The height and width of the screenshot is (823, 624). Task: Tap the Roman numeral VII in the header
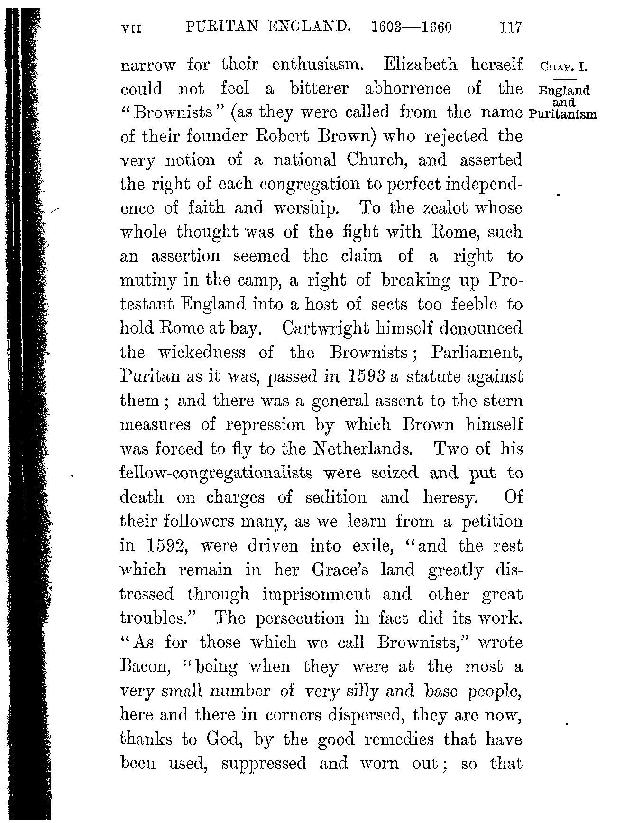(132, 28)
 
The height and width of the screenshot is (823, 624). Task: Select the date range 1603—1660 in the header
(412, 27)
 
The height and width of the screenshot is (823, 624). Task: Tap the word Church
(377, 160)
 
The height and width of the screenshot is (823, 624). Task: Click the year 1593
(366, 377)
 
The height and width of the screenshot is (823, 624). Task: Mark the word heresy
(450, 497)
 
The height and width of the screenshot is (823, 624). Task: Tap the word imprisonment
(330, 594)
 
